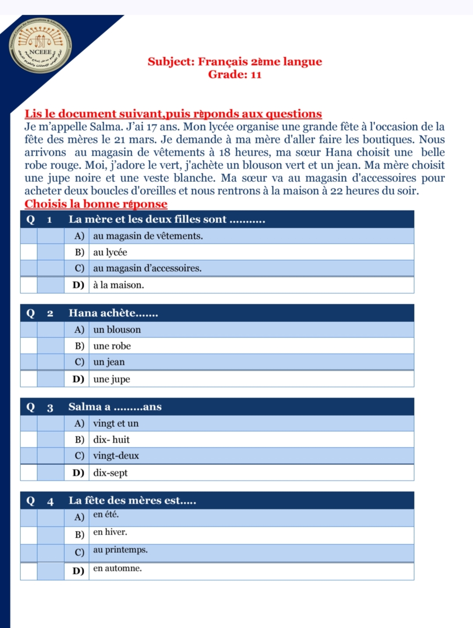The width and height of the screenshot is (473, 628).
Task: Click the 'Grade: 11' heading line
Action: pos(235,74)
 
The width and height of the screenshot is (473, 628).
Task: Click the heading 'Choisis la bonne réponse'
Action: pos(96,204)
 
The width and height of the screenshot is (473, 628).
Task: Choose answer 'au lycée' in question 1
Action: pos(110,252)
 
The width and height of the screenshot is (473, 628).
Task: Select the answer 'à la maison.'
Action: pos(118,285)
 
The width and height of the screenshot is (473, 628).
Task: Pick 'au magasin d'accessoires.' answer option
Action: pos(147,268)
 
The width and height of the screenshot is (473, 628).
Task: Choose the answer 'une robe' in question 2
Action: pos(112,346)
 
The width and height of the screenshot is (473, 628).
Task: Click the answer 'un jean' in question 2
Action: pos(109,362)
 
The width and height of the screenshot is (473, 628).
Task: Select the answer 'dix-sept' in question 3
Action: pos(110,473)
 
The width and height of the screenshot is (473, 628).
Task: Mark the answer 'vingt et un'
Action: pos(116,423)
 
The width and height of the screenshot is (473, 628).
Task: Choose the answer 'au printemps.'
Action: pos(120,550)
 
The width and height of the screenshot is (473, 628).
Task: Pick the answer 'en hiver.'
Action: pos(110,532)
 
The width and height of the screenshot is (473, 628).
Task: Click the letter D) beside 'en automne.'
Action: pos(78,571)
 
